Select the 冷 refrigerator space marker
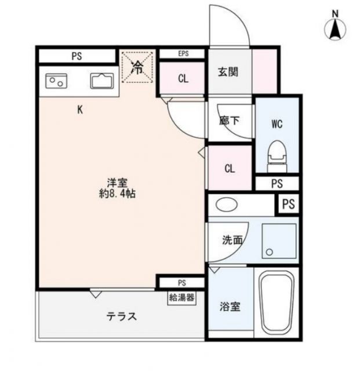(x=137, y=67)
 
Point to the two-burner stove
(x=56, y=81)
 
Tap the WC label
(x=276, y=123)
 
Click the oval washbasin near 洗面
(x=226, y=205)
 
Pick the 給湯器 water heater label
(x=181, y=298)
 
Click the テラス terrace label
(x=121, y=317)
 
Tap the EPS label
(x=183, y=54)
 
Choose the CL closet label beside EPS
(x=183, y=79)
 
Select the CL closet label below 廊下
(x=230, y=169)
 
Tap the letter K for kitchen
(x=80, y=109)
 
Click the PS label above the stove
(x=77, y=56)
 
